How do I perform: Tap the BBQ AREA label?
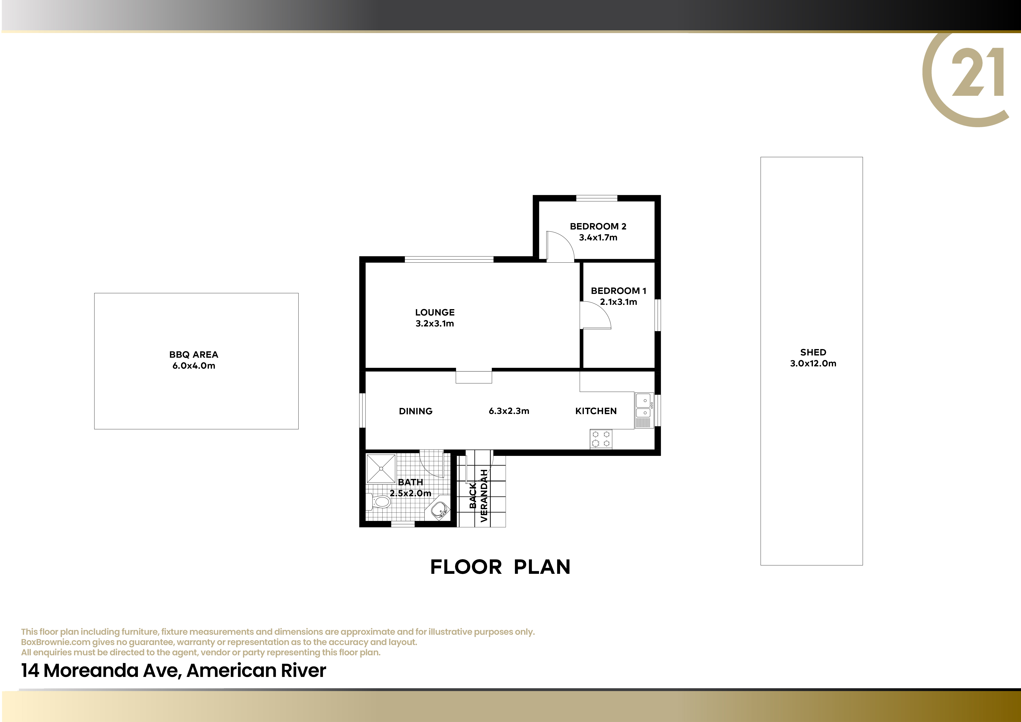[194, 355]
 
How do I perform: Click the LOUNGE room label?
[435, 313]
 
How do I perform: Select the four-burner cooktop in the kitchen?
[601, 439]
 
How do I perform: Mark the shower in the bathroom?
[381, 468]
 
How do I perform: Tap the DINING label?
[416, 411]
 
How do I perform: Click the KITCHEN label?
[596, 411]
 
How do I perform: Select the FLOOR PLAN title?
[500, 567]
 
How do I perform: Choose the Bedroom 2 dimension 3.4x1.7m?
[598, 237]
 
